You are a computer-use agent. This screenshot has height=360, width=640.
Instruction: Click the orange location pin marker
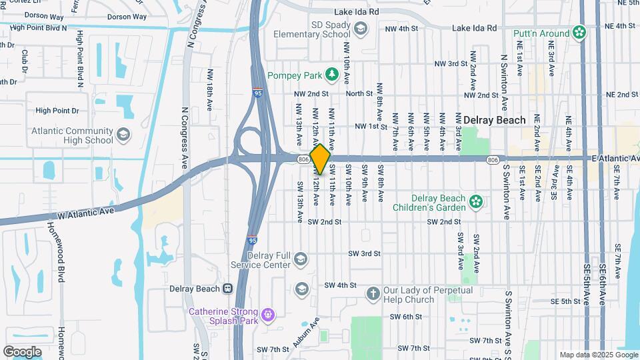point(320,159)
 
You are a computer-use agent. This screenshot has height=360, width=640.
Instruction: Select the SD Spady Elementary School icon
point(361,28)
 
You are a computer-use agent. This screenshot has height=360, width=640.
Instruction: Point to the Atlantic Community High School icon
point(123,135)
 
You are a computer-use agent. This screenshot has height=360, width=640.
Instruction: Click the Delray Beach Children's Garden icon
point(475,201)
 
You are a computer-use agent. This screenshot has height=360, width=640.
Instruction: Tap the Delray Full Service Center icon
point(301,259)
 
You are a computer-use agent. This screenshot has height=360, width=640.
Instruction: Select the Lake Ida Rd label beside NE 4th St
point(474,28)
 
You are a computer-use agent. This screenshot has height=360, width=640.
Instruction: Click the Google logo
point(22,351)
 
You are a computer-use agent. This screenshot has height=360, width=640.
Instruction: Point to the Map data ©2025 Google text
point(598,355)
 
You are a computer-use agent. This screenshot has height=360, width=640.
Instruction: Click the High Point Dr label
point(57,111)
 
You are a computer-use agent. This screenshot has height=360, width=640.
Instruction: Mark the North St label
point(359,94)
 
